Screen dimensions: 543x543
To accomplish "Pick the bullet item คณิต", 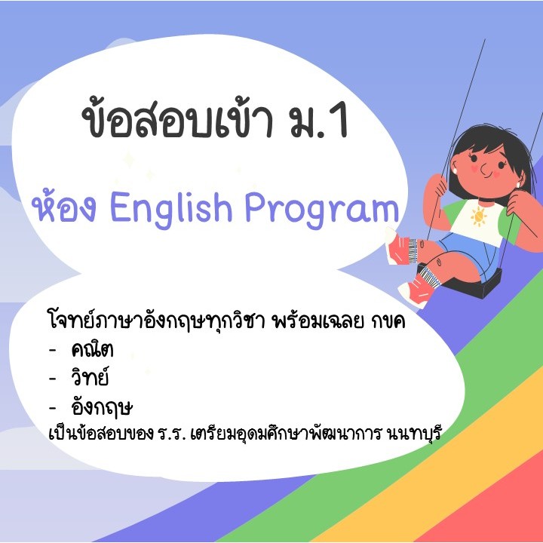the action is (92, 349).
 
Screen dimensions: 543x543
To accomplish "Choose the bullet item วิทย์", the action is (90, 376).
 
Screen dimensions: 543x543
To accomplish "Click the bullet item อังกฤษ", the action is (102, 406).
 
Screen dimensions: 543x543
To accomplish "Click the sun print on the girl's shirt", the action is (479, 216).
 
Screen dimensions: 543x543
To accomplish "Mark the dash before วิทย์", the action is (52, 379).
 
